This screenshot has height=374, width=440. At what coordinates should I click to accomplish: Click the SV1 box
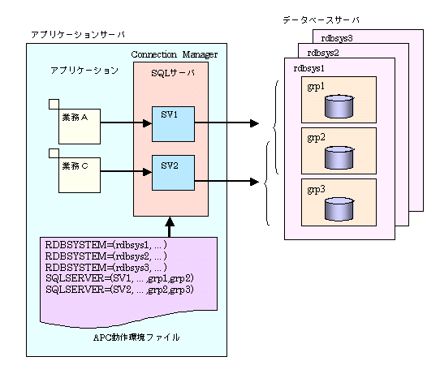173,124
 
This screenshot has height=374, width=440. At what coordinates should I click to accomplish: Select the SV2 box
173,173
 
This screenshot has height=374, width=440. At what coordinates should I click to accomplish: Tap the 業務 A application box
80,127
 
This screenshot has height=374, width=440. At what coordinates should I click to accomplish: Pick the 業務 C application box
80,175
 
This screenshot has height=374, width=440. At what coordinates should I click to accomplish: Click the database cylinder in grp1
339,106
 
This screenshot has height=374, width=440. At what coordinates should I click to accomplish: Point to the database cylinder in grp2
339,157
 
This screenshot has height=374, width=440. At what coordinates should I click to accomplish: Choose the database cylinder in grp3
339,209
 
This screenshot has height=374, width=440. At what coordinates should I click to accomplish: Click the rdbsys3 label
337,38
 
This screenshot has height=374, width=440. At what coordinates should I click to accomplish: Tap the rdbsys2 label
323,53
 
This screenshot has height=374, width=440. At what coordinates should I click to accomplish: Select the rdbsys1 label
309,68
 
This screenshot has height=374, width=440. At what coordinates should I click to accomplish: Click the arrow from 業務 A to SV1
126,123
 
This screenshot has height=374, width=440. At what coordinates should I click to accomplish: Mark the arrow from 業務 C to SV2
126,171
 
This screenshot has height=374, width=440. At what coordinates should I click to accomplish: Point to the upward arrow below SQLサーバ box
170,227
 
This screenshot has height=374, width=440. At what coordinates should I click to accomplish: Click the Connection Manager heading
175,54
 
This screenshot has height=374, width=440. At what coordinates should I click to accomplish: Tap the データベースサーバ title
321,20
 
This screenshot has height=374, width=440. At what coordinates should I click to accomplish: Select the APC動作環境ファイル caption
136,337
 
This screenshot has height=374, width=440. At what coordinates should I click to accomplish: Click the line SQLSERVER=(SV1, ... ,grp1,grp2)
119,278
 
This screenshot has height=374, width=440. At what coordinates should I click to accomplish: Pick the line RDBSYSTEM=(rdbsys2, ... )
106,256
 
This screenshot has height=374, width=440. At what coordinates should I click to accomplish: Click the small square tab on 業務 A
54,104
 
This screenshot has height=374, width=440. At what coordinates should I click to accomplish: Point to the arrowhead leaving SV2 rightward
254,182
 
